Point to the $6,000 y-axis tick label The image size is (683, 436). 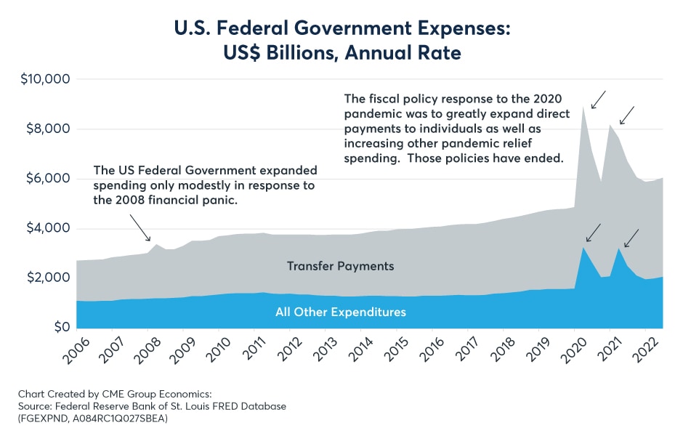[x=45, y=179]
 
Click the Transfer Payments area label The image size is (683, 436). [x=340, y=266]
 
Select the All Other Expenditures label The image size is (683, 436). [x=340, y=312]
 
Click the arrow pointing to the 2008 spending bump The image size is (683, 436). [x=142, y=232]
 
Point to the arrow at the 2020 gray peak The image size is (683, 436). [x=599, y=100]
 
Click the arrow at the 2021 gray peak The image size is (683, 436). [x=627, y=115]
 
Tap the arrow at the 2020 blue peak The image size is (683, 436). [x=593, y=233]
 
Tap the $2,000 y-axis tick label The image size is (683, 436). [x=45, y=278]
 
